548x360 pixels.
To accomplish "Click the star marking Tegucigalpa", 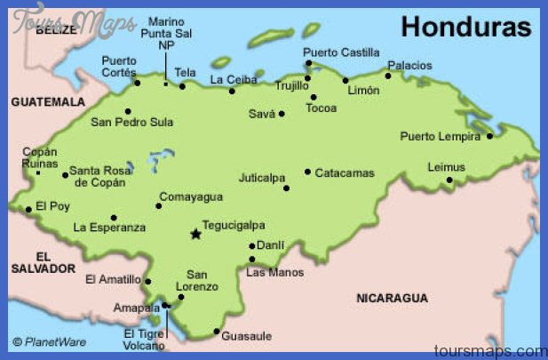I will click(x=195, y=235).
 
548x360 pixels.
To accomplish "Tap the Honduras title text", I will click(x=465, y=27).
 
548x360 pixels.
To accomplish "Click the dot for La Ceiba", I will click(x=232, y=91).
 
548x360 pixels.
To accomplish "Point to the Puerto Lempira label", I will click(x=441, y=136).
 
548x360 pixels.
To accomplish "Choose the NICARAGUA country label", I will click(x=392, y=298).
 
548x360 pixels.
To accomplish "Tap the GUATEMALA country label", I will click(x=47, y=102).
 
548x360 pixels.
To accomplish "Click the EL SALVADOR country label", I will click(x=43, y=260).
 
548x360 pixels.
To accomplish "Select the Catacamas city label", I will click(x=345, y=172).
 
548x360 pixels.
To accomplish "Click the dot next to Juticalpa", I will click(x=286, y=188).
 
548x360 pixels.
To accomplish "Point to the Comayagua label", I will click(x=190, y=196).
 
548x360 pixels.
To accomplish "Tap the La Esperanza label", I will click(x=109, y=228).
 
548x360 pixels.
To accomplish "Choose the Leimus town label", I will click(x=446, y=166).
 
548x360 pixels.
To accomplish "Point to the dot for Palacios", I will click(x=387, y=76).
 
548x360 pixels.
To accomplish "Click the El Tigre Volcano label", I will click(x=144, y=340).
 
